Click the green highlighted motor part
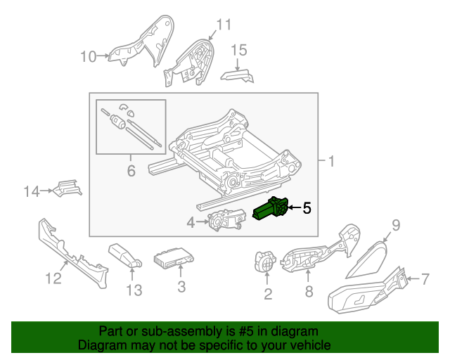click(x=271, y=210)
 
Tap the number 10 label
click(x=88, y=56)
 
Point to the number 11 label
click(x=223, y=25)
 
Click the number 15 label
click(x=239, y=49)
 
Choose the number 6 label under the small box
click(x=130, y=170)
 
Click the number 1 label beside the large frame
click(x=330, y=162)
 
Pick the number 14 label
click(x=32, y=191)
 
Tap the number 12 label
click(x=54, y=279)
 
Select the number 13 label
click(x=134, y=289)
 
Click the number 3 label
click(x=181, y=286)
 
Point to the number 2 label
click(x=267, y=294)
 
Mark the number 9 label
click(x=395, y=225)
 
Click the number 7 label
click(x=424, y=279)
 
